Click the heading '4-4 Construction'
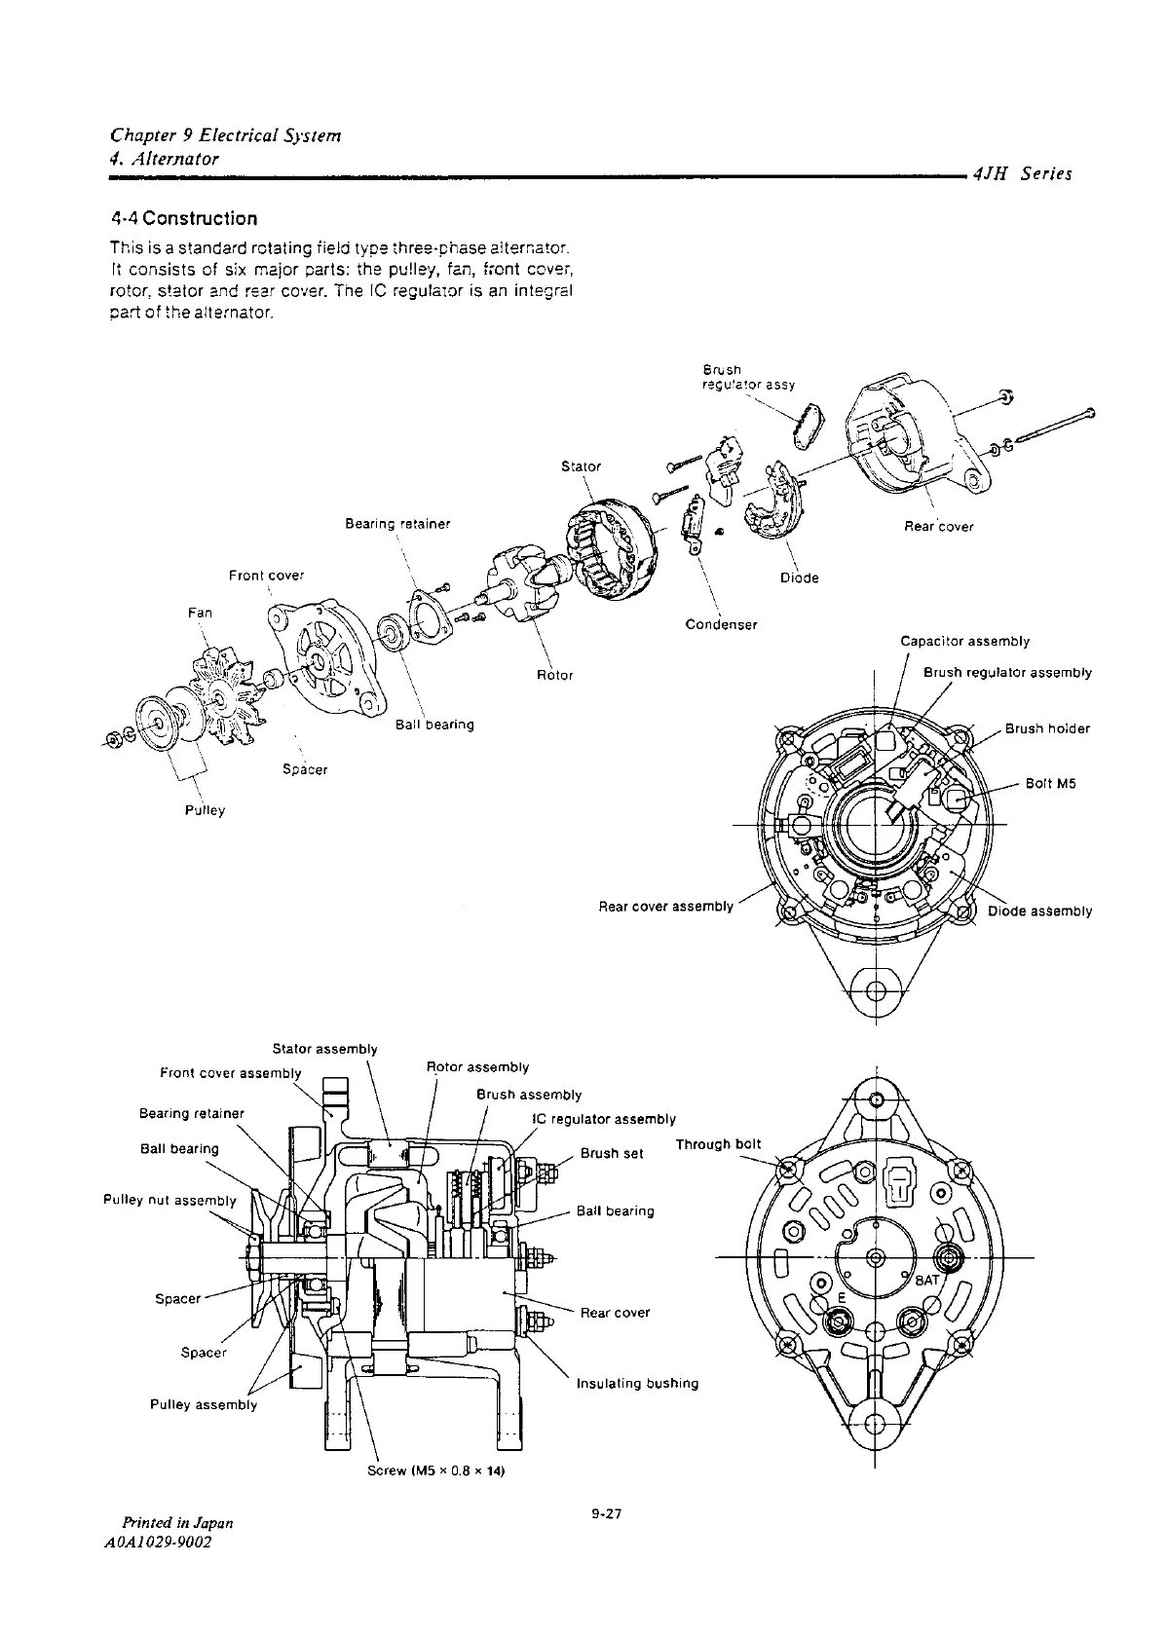click(x=184, y=218)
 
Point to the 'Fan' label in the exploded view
click(x=199, y=613)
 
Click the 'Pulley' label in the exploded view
click(x=205, y=809)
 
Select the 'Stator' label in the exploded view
click(x=582, y=466)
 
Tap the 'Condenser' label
click(x=721, y=624)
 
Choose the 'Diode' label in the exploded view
click(x=800, y=577)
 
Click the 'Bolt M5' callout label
click(x=1050, y=783)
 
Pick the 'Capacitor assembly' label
click(x=964, y=641)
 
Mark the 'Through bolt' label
click(x=718, y=1144)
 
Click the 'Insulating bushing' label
click(x=637, y=1383)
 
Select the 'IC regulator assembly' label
click(x=604, y=1119)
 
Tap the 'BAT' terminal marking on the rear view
click(x=925, y=1280)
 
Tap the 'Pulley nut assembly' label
click(x=169, y=1200)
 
